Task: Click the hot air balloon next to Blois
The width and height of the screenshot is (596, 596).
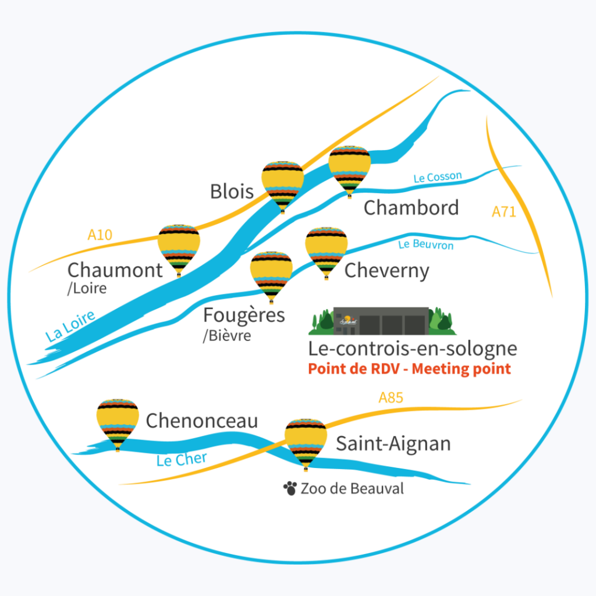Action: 282,183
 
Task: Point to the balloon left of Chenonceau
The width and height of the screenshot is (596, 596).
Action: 118,421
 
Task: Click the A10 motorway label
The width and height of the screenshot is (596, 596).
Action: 100,235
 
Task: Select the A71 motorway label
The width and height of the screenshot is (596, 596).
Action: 504,212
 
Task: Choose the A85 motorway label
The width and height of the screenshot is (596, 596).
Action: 391,398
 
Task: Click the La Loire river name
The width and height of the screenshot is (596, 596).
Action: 70,327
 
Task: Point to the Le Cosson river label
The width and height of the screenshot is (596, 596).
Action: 438,177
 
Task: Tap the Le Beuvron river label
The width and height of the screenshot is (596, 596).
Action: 425,245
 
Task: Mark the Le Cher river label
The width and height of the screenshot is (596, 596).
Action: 182,460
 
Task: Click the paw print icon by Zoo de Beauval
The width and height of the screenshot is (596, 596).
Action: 290,488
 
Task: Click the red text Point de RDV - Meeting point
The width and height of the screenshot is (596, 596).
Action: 409,369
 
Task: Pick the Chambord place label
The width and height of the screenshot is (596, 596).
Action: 411,208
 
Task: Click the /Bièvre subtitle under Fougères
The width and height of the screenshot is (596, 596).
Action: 227,336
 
